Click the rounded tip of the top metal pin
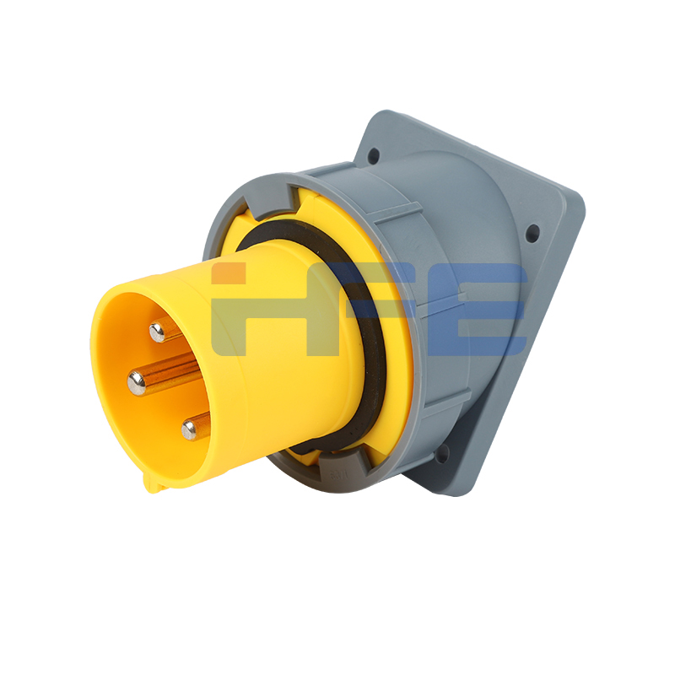157,332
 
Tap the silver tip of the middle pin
137,383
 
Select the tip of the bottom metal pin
188,430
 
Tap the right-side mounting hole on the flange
533,233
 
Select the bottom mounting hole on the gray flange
441,454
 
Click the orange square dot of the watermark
228,273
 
